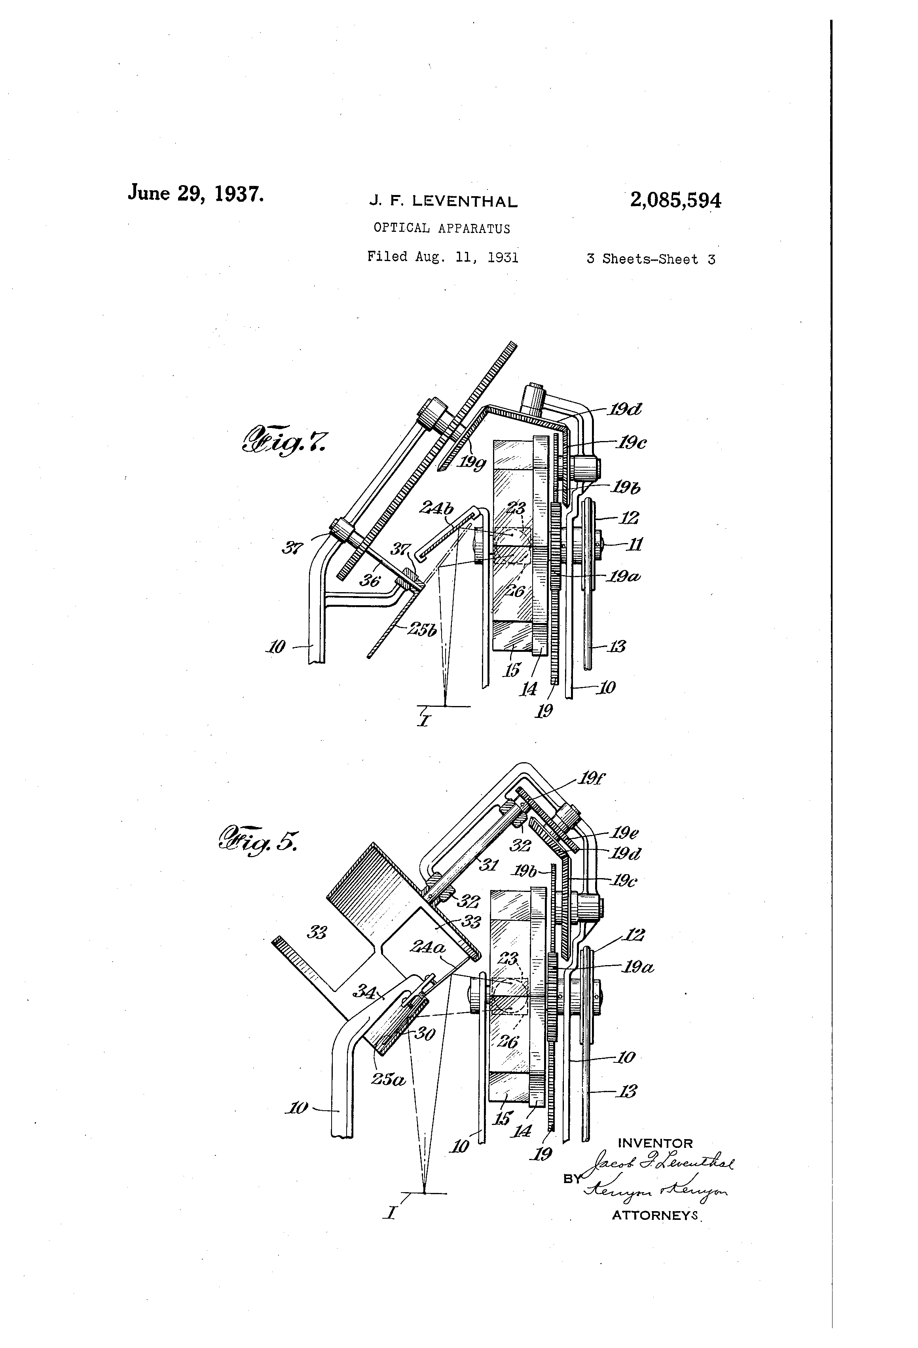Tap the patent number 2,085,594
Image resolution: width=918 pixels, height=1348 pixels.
[x=675, y=201]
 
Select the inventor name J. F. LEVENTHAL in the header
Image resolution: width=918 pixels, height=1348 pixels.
[x=443, y=202]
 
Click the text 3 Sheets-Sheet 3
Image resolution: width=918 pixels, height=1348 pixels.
[x=651, y=259]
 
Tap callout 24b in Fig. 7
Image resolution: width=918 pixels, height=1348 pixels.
[x=437, y=509]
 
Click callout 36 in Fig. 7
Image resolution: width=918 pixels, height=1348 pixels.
[x=369, y=579]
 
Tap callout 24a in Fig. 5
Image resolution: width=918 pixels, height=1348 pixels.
[x=428, y=947]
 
